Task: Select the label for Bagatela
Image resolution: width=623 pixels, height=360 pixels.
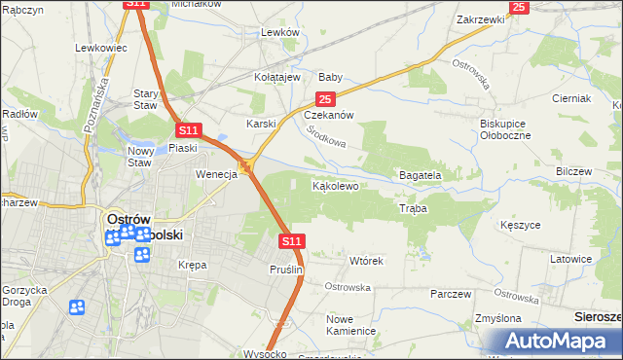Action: pos(421,175)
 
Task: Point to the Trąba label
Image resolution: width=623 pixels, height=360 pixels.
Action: pos(413,208)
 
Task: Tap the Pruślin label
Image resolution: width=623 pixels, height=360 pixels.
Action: pos(287,270)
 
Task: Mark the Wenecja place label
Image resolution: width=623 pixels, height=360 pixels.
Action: pos(216,175)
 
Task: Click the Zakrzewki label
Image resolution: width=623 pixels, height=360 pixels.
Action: pos(479,18)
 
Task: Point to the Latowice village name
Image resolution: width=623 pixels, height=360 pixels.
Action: pos(571,259)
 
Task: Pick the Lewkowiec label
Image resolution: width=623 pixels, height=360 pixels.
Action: pos(101,47)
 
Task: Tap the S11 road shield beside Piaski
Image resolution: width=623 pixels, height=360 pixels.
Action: pos(189,129)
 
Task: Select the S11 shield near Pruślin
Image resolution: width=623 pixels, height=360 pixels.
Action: pos(292,240)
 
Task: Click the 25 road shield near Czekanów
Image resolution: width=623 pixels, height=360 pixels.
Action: pos(325,99)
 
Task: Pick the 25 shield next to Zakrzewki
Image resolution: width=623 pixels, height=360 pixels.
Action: pos(518,8)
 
